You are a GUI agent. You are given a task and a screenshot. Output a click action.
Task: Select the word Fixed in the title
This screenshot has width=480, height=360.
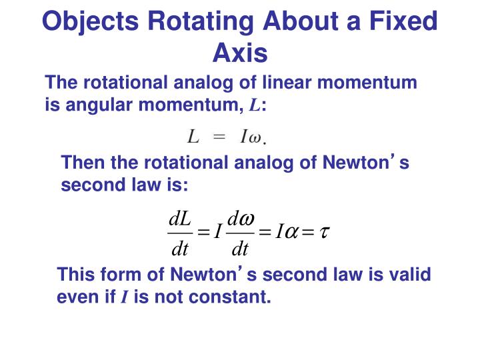click(x=400, y=22)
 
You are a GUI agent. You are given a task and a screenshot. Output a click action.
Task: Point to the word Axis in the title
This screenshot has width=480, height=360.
click(x=240, y=52)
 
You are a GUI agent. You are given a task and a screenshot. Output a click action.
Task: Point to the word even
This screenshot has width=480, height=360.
click(x=77, y=297)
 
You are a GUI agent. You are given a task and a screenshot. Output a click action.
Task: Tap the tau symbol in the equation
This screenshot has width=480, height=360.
click(x=325, y=233)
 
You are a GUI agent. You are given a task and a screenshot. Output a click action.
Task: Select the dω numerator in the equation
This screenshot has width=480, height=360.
click(x=240, y=219)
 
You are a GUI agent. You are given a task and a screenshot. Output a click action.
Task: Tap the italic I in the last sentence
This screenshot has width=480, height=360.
click(x=124, y=297)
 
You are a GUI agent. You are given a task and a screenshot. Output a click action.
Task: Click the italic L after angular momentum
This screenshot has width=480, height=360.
click(x=255, y=105)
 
